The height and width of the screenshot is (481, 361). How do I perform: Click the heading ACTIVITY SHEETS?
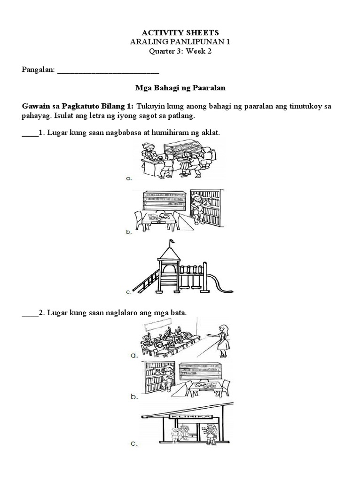click(x=180, y=32)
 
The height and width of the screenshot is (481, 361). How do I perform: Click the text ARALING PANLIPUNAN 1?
click(x=180, y=42)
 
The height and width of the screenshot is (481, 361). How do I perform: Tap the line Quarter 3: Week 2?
click(x=180, y=51)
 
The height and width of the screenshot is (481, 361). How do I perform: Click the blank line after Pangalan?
click(x=108, y=71)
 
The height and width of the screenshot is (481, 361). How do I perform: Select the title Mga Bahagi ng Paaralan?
click(x=180, y=88)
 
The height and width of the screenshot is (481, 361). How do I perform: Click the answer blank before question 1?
click(x=30, y=133)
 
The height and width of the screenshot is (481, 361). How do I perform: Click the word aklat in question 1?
click(x=210, y=133)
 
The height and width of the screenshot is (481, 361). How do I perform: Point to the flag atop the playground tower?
click(x=171, y=242)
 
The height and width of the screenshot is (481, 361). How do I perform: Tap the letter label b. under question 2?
click(x=134, y=397)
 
